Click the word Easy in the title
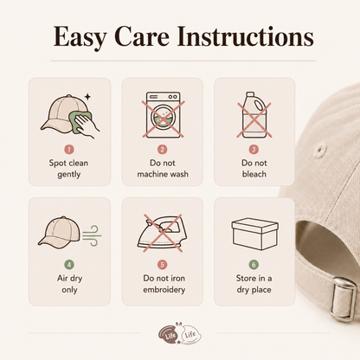coord(80,36)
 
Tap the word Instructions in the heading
coord(245,36)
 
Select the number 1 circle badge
coord(69,150)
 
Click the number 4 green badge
coord(69,265)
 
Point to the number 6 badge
coord(254,265)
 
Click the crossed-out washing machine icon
coord(163,115)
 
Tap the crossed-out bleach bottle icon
coord(254,115)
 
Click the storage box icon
coord(255,234)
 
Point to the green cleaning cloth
coord(77,122)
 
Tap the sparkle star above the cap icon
coord(87,97)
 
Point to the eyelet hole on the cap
coord(319,150)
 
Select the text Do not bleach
coord(254,169)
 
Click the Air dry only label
coord(69,284)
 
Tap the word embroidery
coord(164,290)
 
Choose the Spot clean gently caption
coord(68,169)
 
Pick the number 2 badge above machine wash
coord(163,150)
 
